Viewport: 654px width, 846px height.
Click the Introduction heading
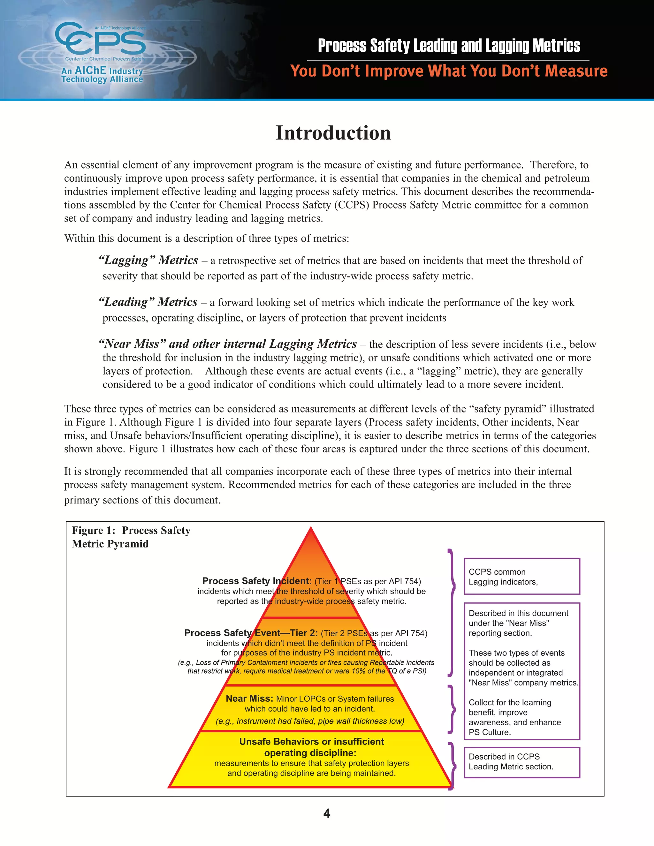click(x=333, y=133)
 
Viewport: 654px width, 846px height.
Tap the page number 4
click(x=327, y=813)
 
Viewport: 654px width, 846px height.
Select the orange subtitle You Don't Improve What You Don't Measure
click(x=449, y=71)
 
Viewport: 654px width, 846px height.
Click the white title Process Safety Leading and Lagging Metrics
click(x=449, y=46)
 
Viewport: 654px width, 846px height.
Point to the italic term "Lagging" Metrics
click(x=148, y=260)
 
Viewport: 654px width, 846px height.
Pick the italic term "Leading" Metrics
click(x=148, y=302)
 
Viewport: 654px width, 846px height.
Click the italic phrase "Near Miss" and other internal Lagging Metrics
click(x=228, y=344)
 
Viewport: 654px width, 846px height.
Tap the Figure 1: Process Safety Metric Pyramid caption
click(x=131, y=537)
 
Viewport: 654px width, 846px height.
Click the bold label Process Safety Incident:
click(x=257, y=581)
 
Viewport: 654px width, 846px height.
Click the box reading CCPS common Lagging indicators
click(x=521, y=576)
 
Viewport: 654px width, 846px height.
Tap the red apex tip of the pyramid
click(x=311, y=530)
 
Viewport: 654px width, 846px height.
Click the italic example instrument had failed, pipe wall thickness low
click(x=310, y=721)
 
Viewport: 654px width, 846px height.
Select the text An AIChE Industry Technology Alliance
click(x=102, y=75)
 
